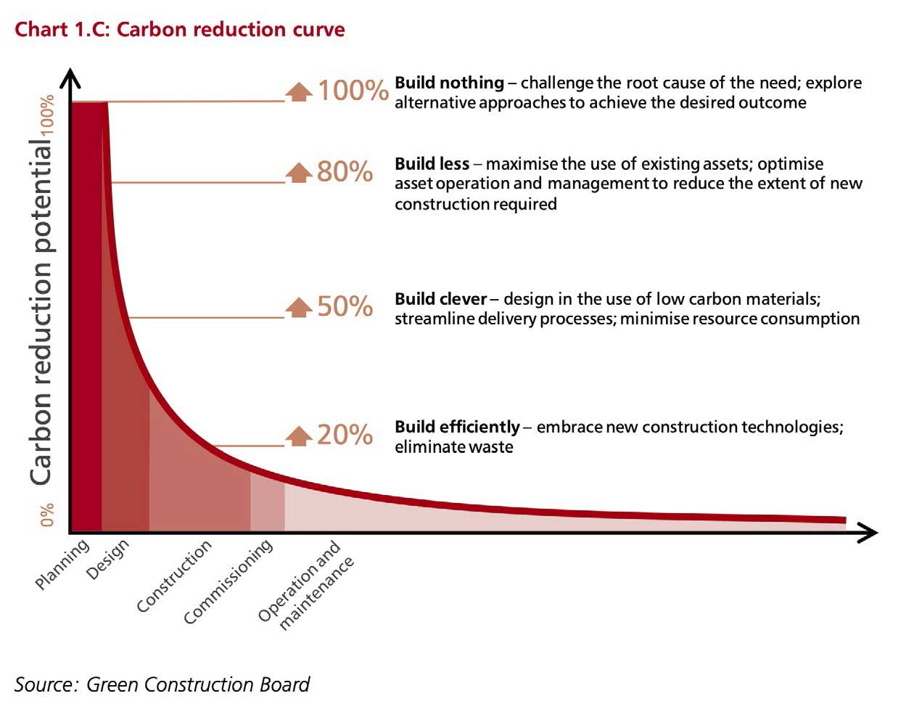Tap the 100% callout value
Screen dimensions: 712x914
pyautogui.click(x=353, y=91)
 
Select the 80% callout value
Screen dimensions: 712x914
pyautogui.click(x=345, y=172)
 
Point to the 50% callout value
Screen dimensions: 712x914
pyautogui.click(x=345, y=306)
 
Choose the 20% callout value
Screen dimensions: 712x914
pyautogui.click(x=345, y=435)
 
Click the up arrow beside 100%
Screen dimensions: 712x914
pyautogui.click(x=299, y=91)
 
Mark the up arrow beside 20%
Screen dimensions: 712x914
pyautogui.click(x=299, y=435)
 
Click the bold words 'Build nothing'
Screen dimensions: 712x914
pyautogui.click(x=449, y=83)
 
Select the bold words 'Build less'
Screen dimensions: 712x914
pyautogui.click(x=432, y=164)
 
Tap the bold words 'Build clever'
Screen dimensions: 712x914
pyautogui.click(x=440, y=299)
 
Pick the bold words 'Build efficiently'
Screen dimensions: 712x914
pyautogui.click(x=457, y=427)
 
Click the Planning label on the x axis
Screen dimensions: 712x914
pyautogui.click(x=62, y=564)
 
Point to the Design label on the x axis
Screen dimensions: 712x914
pyautogui.click(x=107, y=559)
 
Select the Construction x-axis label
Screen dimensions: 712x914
pyautogui.click(x=174, y=576)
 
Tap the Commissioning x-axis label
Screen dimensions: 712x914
pyautogui.click(x=228, y=581)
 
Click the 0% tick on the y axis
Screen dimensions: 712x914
pyautogui.click(x=47, y=515)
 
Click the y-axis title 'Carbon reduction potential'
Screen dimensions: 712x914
pyautogui.click(x=41, y=312)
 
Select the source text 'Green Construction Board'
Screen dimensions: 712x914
pyautogui.click(x=197, y=684)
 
